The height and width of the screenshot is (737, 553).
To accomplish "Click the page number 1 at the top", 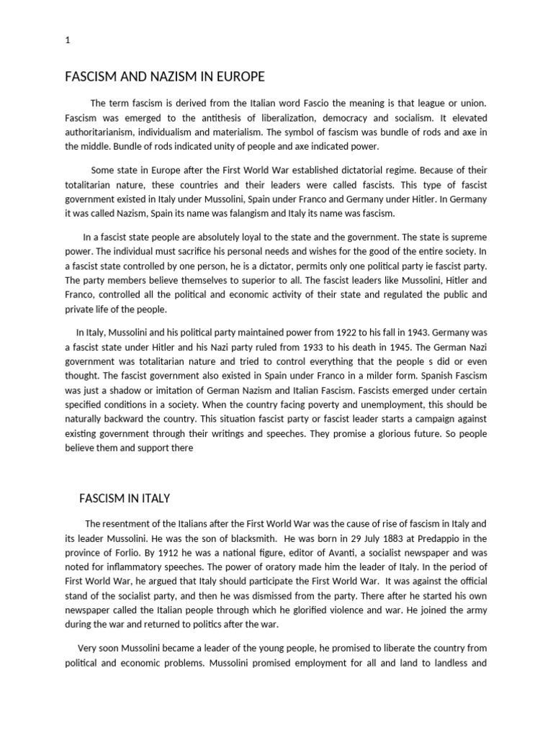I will coord(67,41).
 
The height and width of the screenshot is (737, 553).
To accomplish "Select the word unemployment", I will coord(383,404).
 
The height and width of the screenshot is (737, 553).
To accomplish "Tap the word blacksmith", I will coord(243,538).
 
